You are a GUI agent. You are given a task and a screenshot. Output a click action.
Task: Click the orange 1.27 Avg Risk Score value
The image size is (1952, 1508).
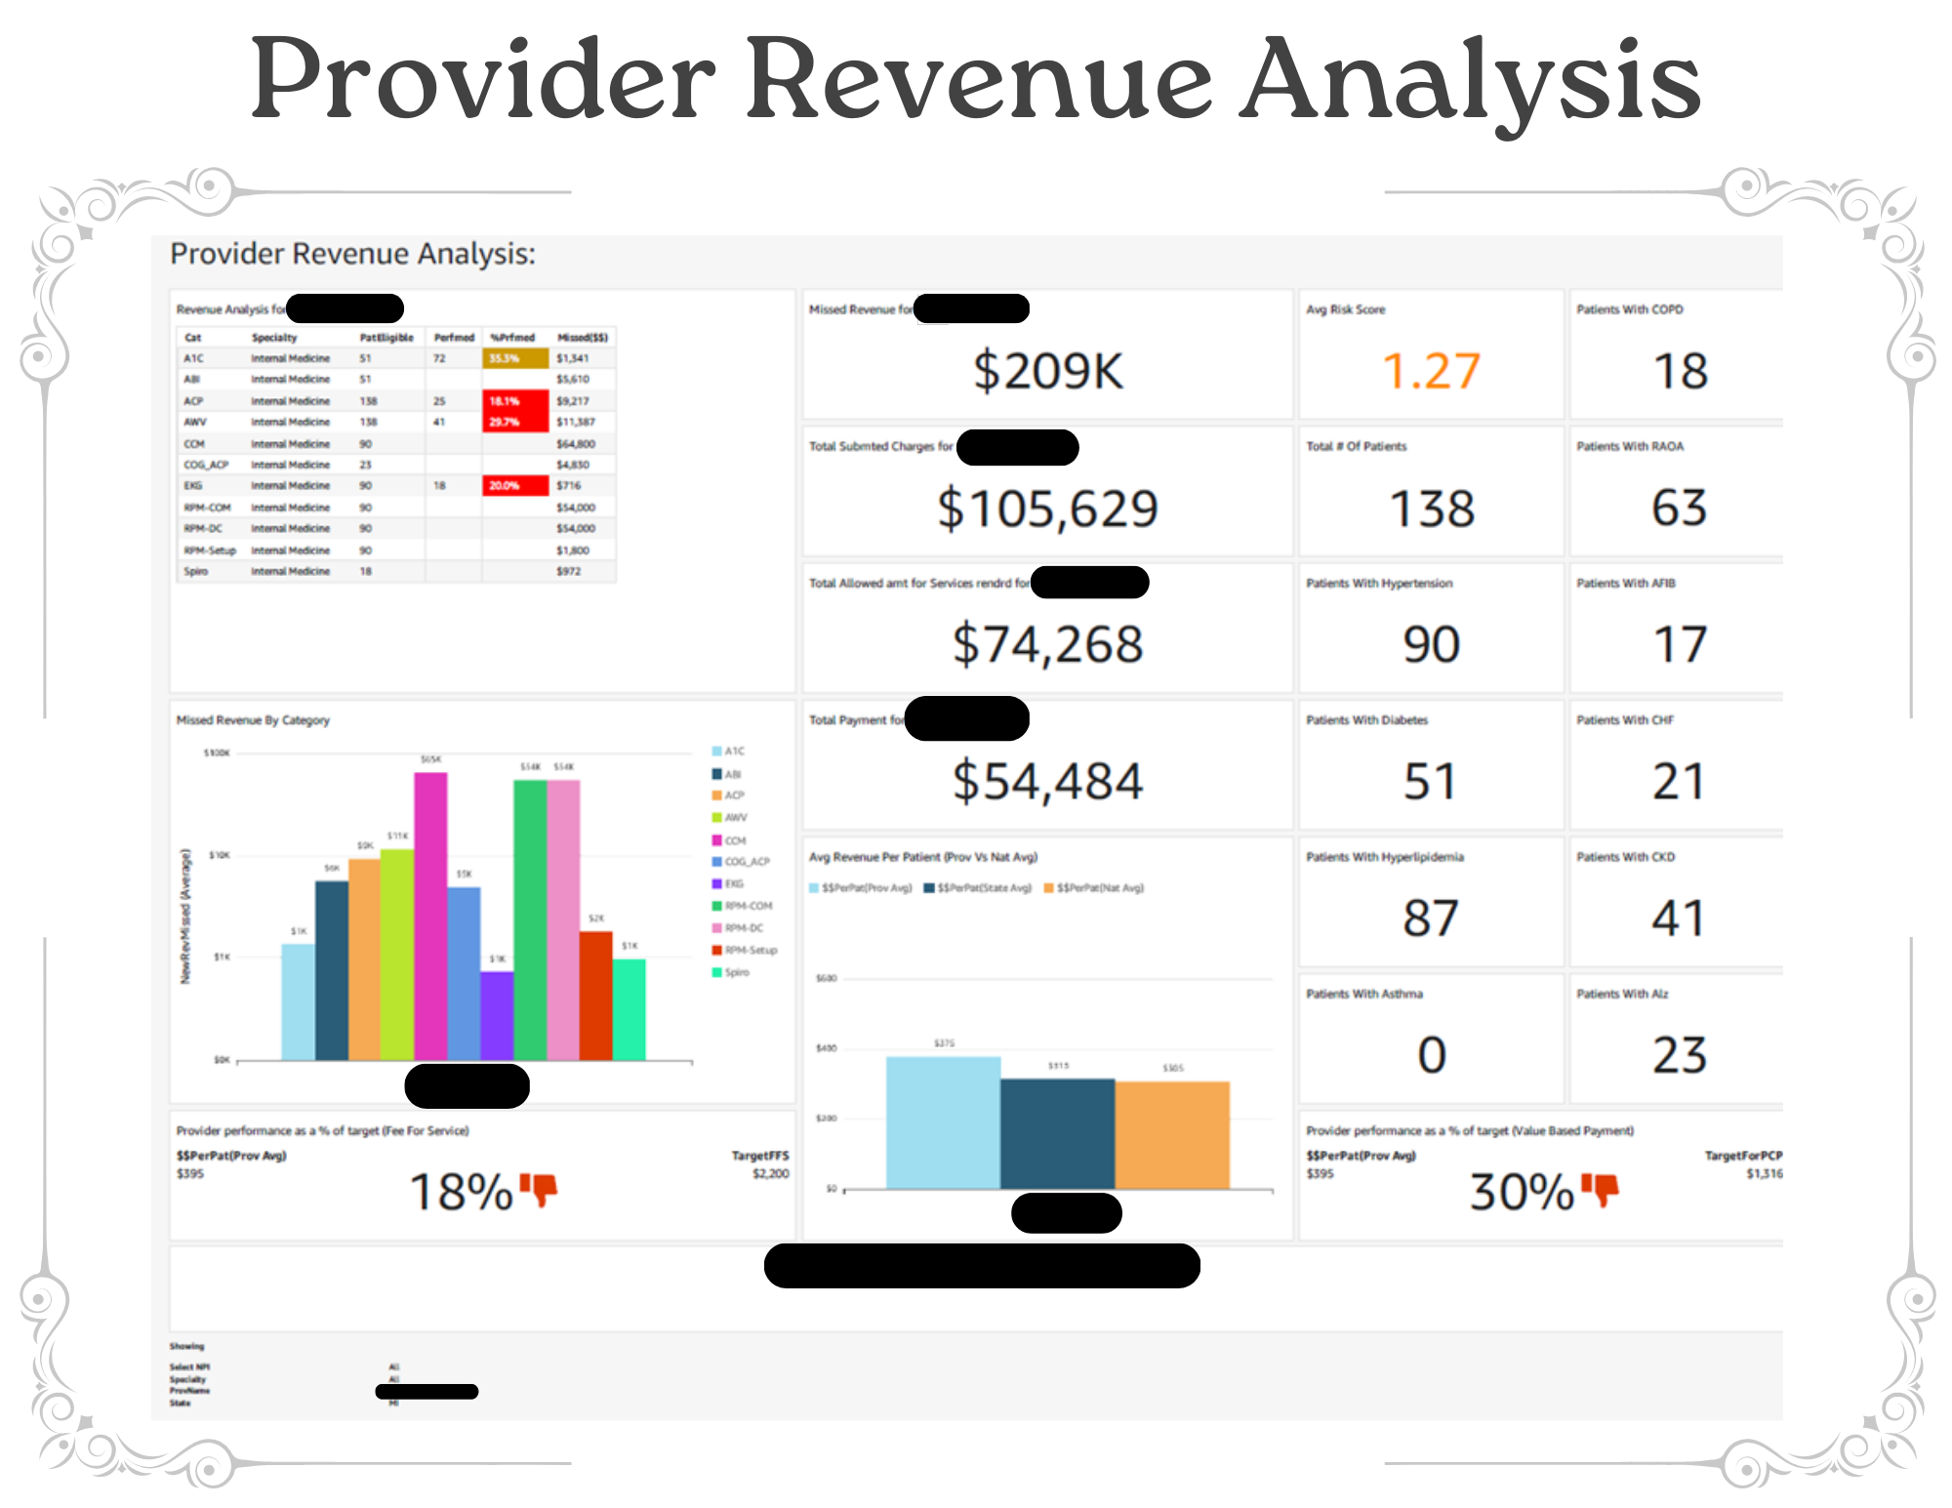(1431, 371)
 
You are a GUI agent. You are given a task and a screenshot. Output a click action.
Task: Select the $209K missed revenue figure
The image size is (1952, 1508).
(1047, 371)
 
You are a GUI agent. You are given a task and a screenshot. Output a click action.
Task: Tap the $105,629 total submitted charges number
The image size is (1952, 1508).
(1047, 509)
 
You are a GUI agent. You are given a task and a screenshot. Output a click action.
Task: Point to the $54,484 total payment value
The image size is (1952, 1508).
(1047, 782)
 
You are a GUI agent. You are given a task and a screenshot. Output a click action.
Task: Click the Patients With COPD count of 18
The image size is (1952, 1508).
(1680, 371)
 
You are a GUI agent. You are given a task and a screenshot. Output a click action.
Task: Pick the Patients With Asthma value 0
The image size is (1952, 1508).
(1431, 1055)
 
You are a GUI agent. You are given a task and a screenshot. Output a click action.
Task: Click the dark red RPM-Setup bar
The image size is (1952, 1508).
(595, 996)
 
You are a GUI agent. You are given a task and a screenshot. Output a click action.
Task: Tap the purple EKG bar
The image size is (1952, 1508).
(497, 1015)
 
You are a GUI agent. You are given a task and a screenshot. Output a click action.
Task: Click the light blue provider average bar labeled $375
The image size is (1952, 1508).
(943, 1122)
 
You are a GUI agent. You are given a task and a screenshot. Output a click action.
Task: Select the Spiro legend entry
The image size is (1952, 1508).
(736, 972)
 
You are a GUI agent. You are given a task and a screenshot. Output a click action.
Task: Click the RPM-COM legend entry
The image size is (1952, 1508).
(748, 906)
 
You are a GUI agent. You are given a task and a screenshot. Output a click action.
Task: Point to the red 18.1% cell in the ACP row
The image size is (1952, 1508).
(514, 401)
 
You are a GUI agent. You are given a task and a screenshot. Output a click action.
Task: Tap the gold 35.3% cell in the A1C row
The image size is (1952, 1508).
(514, 358)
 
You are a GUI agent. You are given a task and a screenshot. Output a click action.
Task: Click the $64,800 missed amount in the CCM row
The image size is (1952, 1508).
(575, 444)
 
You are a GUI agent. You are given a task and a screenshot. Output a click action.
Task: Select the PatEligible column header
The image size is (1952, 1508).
(386, 338)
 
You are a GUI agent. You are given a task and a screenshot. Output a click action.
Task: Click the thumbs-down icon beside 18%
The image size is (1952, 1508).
(539, 1189)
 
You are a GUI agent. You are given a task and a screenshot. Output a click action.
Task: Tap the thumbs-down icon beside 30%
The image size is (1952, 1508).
(1600, 1189)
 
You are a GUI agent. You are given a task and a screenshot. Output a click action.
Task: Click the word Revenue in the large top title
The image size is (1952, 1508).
(979, 80)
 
